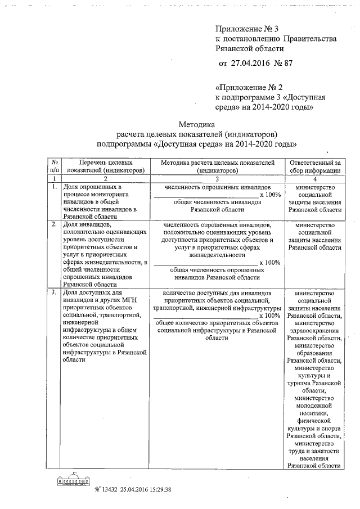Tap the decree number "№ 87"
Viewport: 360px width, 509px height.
283,63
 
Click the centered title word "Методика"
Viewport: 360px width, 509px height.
196,124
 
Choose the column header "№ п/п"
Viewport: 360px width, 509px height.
54,165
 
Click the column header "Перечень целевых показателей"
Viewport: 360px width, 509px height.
105,165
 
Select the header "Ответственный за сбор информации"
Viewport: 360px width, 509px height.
314,165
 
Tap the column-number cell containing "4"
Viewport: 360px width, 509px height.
314,178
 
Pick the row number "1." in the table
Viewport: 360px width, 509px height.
53,186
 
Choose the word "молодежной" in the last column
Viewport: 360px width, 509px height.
314,404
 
